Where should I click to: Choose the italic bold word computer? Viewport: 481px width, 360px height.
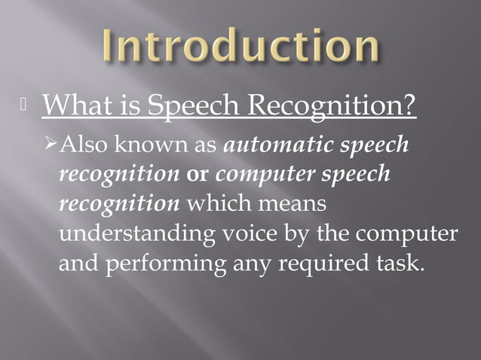[x=268, y=175]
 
